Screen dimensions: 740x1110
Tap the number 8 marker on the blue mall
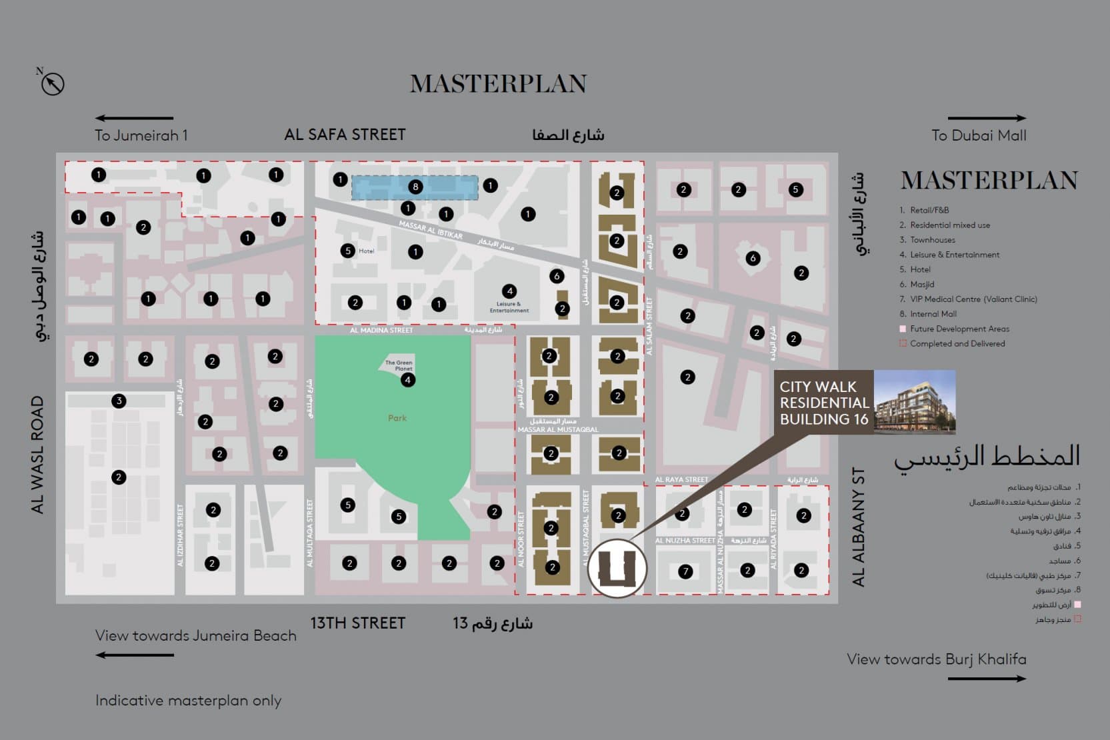pyautogui.click(x=415, y=187)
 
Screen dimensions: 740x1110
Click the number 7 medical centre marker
pyautogui.click(x=685, y=571)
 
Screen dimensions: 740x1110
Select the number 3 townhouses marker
pyautogui.click(x=119, y=401)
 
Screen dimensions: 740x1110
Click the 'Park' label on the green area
pyautogui.click(x=397, y=418)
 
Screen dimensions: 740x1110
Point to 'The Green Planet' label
pyautogui.click(x=399, y=365)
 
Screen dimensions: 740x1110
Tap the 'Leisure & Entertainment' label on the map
pyautogui.click(x=509, y=307)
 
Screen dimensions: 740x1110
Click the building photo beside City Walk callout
pyautogui.click(x=915, y=402)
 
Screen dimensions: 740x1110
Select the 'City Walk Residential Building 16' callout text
pyautogui.click(x=824, y=403)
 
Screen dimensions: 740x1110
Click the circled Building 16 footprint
pyautogui.click(x=617, y=568)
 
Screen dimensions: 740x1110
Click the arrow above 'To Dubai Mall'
pyautogui.click(x=987, y=118)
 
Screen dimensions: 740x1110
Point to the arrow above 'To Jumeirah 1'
pyautogui.click(x=134, y=118)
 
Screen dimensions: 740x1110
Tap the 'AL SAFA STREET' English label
pyautogui.click(x=345, y=135)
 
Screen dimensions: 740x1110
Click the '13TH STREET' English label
pyautogui.click(x=357, y=623)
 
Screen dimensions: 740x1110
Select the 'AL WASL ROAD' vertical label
pyautogui.click(x=37, y=455)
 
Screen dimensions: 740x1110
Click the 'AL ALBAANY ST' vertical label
pyautogui.click(x=859, y=527)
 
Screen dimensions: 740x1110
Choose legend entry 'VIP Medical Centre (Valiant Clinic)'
pyautogui.click(x=973, y=299)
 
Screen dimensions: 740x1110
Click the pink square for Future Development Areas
pyautogui.click(x=903, y=329)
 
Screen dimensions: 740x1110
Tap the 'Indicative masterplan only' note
pyautogui.click(x=188, y=701)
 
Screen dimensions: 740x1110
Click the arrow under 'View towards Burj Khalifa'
pyautogui.click(x=987, y=679)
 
